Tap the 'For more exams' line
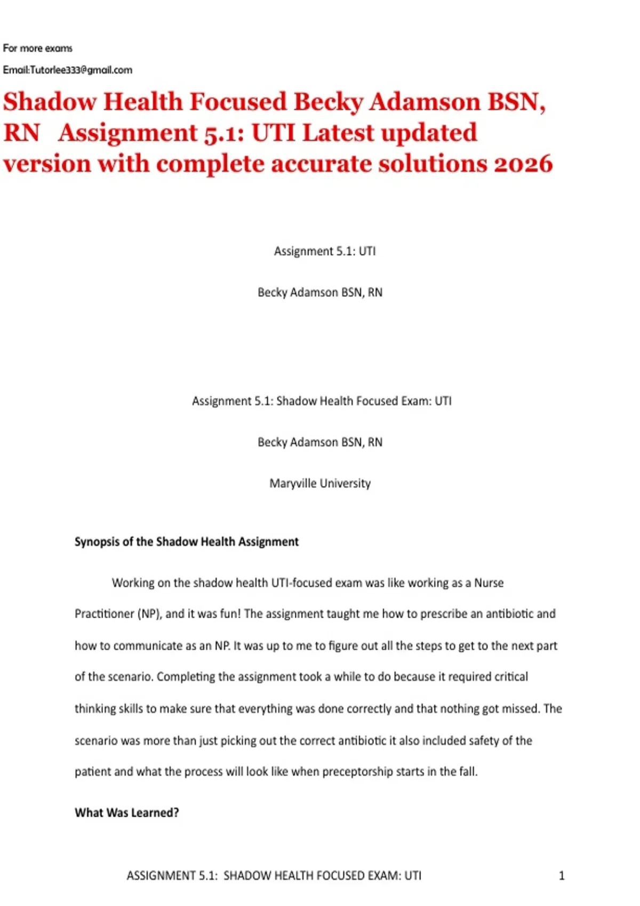(x=37, y=48)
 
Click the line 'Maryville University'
(x=320, y=483)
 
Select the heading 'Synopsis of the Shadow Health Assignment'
(x=187, y=542)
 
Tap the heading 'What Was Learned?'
(x=127, y=813)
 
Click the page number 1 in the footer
(x=561, y=875)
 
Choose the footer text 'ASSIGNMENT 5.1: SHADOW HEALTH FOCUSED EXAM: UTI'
(x=274, y=876)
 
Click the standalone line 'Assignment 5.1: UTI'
(x=325, y=251)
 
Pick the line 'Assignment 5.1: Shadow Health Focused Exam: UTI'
(x=322, y=401)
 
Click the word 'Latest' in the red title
(x=337, y=133)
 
